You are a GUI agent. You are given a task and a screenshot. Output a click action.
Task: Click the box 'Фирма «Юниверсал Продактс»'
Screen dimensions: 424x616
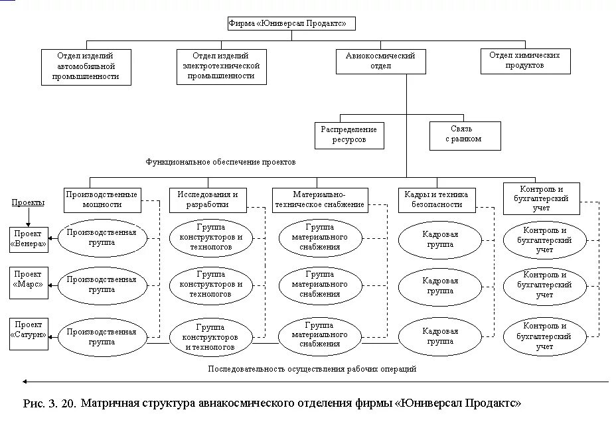pyautogui.click(x=291, y=24)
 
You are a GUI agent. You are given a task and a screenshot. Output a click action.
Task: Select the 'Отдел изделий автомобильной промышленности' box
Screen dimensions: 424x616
pyautogui.click(x=86, y=66)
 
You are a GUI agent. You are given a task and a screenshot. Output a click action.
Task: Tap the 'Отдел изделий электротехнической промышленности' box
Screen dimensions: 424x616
pyautogui.click(x=221, y=66)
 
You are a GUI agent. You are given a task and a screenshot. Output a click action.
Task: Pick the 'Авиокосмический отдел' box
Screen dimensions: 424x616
pyautogui.click(x=380, y=61)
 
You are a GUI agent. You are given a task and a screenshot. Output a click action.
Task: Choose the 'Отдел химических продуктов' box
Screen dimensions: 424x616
pyautogui.click(x=525, y=60)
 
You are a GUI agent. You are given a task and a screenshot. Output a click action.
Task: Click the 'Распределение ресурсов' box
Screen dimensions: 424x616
pyautogui.click(x=349, y=135)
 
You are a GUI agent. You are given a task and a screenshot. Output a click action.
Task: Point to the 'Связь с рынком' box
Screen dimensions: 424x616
pyautogui.click(x=464, y=134)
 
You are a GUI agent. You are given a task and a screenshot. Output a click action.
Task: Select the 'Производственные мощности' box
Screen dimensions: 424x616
pyautogui.click(x=102, y=200)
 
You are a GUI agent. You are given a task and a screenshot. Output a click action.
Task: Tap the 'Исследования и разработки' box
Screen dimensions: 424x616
pyautogui.click(x=208, y=200)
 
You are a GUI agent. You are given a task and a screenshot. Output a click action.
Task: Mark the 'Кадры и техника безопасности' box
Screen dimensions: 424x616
pyautogui.click(x=436, y=200)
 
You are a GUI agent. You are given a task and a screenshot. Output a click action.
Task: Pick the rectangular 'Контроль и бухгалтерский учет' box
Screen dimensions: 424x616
pyautogui.click(x=541, y=198)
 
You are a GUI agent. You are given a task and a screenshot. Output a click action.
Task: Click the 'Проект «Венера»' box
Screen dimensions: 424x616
pyautogui.click(x=29, y=240)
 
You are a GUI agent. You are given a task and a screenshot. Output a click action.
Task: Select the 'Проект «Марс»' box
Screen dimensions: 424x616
pyautogui.click(x=29, y=279)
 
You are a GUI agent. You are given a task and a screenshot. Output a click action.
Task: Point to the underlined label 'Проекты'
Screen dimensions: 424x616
pyautogui.click(x=28, y=203)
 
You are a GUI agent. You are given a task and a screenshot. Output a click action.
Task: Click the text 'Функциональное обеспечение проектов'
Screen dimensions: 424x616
pyautogui.click(x=220, y=162)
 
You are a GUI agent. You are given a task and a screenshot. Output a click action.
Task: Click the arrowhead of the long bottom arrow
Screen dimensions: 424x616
pyautogui.click(x=25, y=382)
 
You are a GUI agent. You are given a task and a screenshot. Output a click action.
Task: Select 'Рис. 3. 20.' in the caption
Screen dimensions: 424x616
pyautogui.click(x=50, y=403)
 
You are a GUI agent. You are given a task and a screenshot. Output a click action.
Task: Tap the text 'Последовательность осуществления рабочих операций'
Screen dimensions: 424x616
pyautogui.click(x=312, y=369)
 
